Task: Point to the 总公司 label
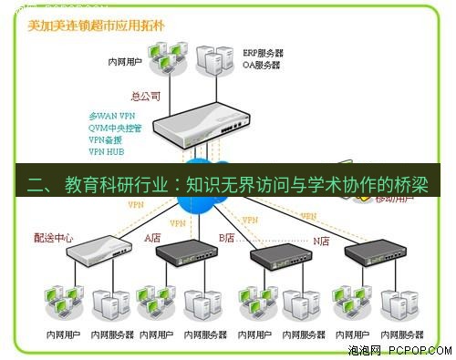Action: click(146, 95)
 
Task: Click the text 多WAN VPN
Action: click(111, 117)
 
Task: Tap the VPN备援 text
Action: click(107, 140)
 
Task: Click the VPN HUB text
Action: click(107, 152)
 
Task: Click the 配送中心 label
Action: click(54, 238)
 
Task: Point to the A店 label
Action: click(153, 238)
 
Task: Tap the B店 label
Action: click(226, 238)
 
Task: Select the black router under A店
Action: click(192, 259)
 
